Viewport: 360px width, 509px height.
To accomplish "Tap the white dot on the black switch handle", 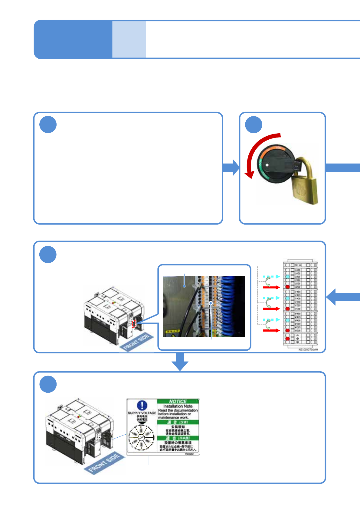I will (267, 165).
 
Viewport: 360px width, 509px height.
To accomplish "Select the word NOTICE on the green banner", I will (178, 401).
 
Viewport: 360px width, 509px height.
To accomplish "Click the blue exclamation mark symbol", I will (142, 405).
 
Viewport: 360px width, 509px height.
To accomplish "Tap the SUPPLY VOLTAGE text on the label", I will (142, 413).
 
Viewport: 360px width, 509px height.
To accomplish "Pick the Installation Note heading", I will (178, 406).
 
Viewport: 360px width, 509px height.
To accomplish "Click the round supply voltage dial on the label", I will (141, 437).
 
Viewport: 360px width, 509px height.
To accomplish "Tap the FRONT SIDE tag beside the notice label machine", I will (104, 463).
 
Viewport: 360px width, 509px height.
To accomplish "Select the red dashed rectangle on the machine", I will (134, 324).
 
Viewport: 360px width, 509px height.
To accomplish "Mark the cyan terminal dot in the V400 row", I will (288, 298).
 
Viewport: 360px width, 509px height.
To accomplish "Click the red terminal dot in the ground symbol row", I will (288, 339).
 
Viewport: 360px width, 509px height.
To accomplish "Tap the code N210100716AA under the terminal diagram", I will (308, 350).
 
